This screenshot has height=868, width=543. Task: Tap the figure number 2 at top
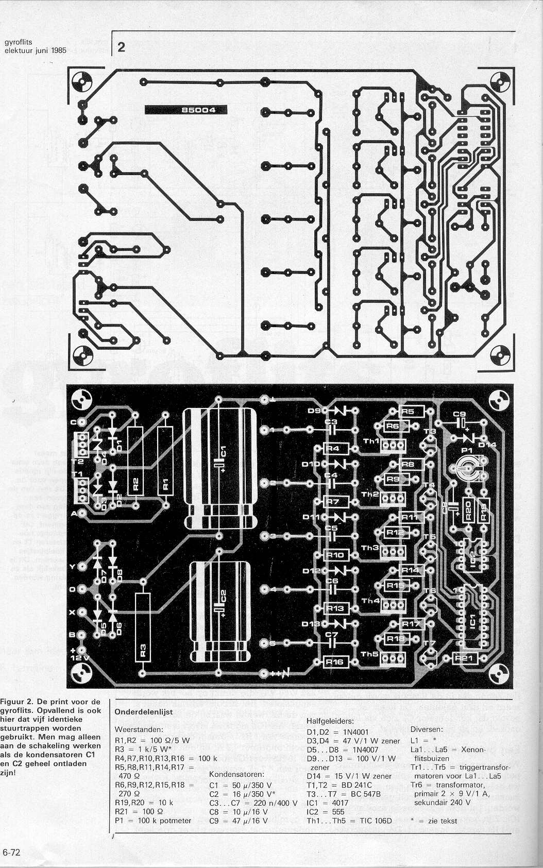pos(122,48)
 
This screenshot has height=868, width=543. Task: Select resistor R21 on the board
pos(466,658)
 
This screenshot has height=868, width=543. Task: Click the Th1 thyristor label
pos(370,442)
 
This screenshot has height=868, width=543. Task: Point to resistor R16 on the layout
pos(335,662)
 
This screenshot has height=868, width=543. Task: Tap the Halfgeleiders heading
pos(330,721)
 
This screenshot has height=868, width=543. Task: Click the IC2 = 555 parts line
pos(328,811)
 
